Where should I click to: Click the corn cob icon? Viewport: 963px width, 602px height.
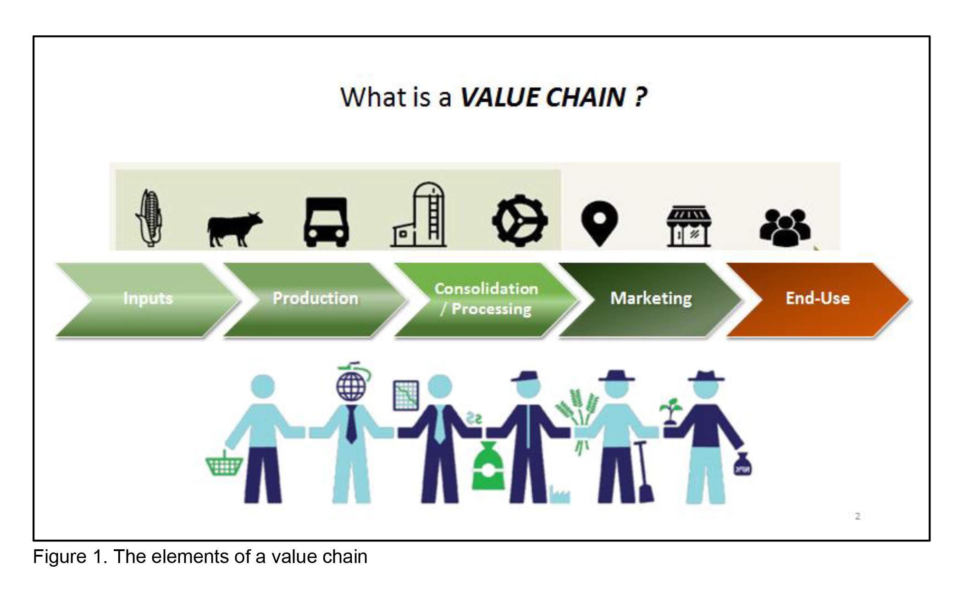149,218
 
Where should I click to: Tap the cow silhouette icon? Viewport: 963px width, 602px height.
234,228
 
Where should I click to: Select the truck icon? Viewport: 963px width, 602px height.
326,222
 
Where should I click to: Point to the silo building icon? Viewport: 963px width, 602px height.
420,215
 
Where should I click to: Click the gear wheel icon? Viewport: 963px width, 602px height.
520,221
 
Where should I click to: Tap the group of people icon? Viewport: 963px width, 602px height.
785,227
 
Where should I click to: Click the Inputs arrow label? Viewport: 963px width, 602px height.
148,298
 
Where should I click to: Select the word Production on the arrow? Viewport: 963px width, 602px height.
315,298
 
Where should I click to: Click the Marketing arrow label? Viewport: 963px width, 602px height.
651,298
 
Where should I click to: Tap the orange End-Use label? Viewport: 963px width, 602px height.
818,298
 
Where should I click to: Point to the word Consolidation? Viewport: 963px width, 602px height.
486,289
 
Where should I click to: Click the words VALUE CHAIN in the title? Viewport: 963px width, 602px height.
542,97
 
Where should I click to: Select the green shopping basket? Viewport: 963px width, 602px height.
224,464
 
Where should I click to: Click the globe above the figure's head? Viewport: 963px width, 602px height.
351,386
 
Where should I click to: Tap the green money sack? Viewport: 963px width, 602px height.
488,467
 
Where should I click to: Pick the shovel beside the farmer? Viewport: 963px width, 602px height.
644,472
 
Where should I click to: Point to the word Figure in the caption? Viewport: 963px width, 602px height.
59,557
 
